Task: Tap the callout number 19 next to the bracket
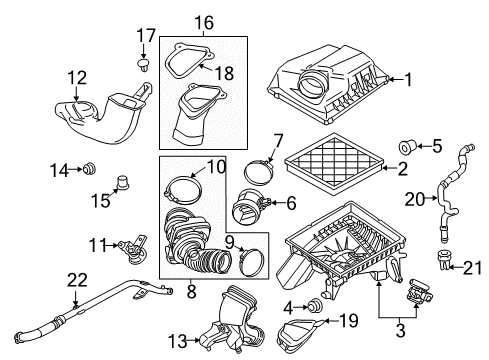pos(347,320)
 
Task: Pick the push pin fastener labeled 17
pos(141,66)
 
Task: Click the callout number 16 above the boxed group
pos(204,21)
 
